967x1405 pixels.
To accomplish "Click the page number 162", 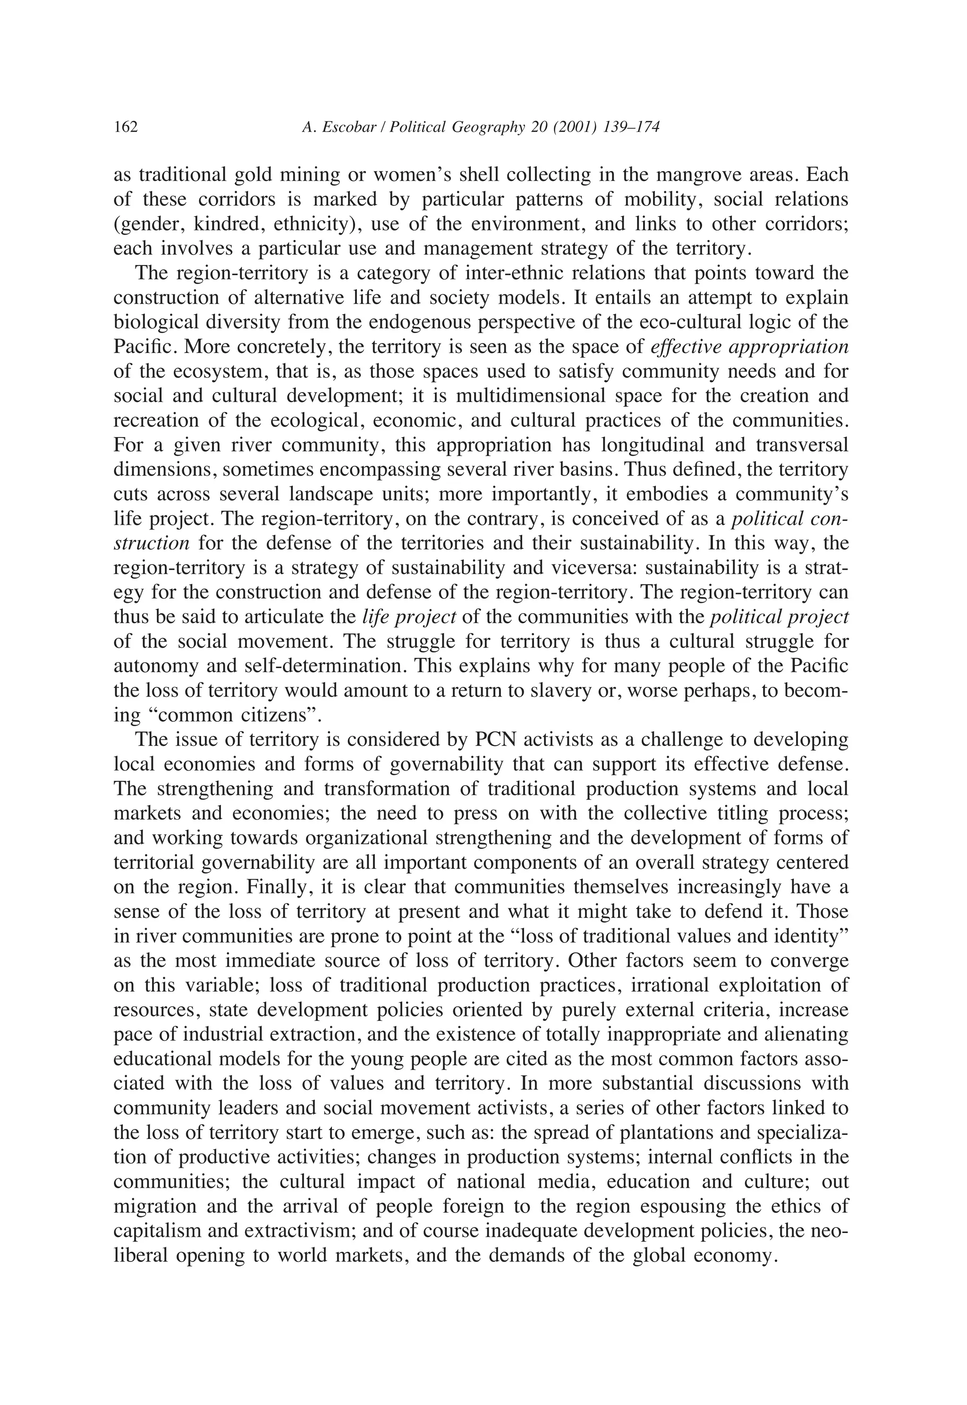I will tap(126, 127).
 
